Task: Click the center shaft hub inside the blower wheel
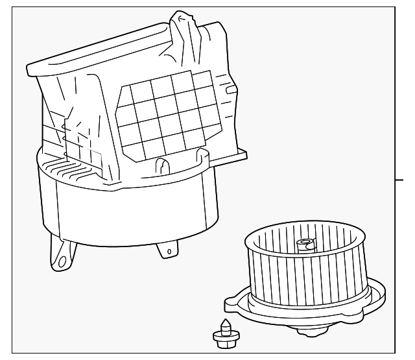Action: click(x=304, y=245)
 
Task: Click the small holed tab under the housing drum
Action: click(x=167, y=250)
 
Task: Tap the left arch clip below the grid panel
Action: click(x=163, y=165)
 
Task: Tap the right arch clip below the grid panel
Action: click(x=198, y=159)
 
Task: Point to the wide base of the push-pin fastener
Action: click(x=222, y=336)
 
